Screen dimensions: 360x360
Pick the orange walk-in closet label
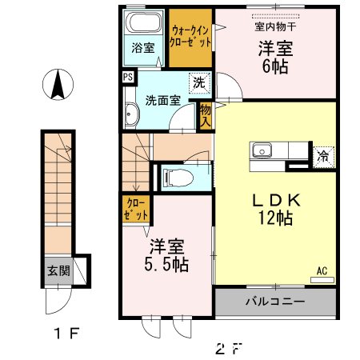pos(190,35)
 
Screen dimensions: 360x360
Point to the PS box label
pos(128,78)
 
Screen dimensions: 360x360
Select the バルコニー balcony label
pos(274,302)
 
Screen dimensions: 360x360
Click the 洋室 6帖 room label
pos(274,58)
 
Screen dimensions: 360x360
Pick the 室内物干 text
pos(274,26)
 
